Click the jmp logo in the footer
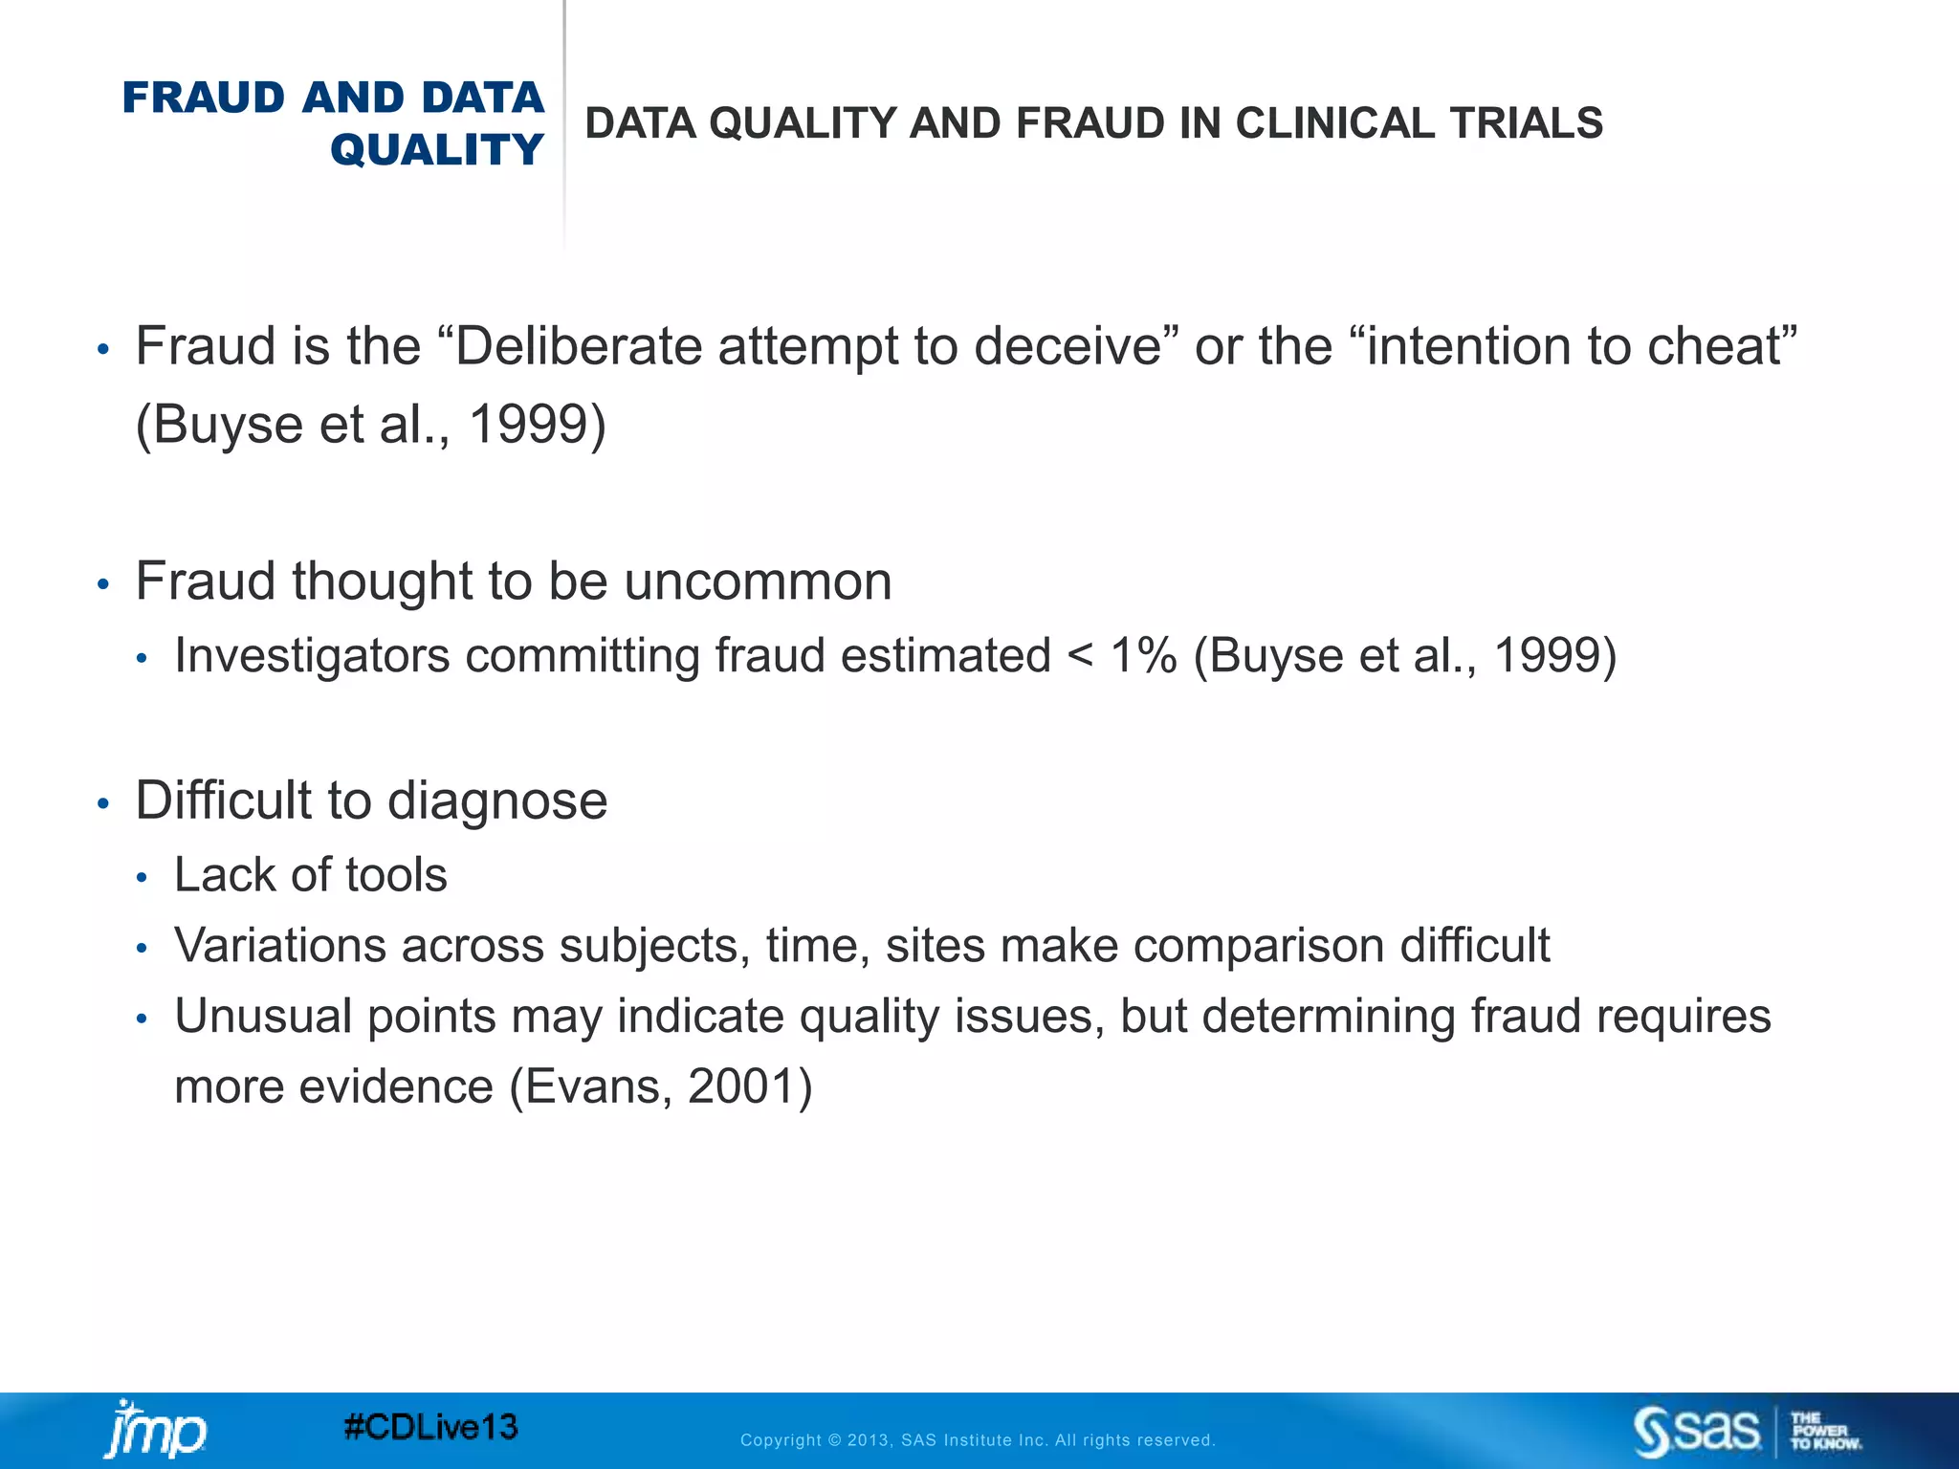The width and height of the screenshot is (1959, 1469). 155,1430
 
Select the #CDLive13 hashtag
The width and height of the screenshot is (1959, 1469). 430,1428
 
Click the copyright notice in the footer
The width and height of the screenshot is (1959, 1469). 978,1440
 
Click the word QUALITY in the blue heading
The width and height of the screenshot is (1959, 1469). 437,150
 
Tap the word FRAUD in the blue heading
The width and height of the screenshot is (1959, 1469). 203,98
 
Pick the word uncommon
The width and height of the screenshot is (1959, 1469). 758,581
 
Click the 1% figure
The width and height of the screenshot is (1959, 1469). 1143,656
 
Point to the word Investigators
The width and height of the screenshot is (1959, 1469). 312,656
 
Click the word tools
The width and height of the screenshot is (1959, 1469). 396,875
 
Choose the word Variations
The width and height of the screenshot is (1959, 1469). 279,946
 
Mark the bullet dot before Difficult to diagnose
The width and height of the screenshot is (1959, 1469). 103,804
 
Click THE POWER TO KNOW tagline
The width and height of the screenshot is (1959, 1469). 1825,1431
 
